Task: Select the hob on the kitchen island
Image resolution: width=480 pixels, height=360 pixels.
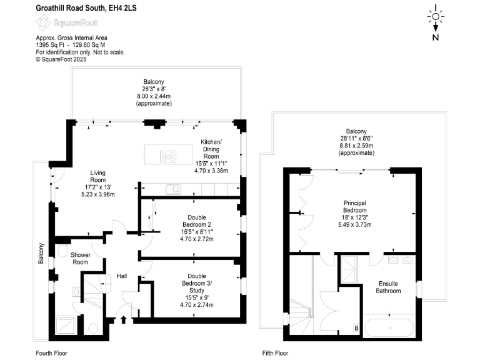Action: (x=169, y=156)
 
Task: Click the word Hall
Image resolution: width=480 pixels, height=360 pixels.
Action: (x=122, y=276)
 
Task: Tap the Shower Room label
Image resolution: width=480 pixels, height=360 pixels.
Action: (x=81, y=259)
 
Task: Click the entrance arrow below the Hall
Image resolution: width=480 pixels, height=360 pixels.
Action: (x=123, y=321)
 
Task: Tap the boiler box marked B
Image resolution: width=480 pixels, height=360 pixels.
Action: (x=356, y=327)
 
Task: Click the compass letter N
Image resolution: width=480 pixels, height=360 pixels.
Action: (x=435, y=37)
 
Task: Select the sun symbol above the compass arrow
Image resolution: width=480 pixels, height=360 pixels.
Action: (x=435, y=13)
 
